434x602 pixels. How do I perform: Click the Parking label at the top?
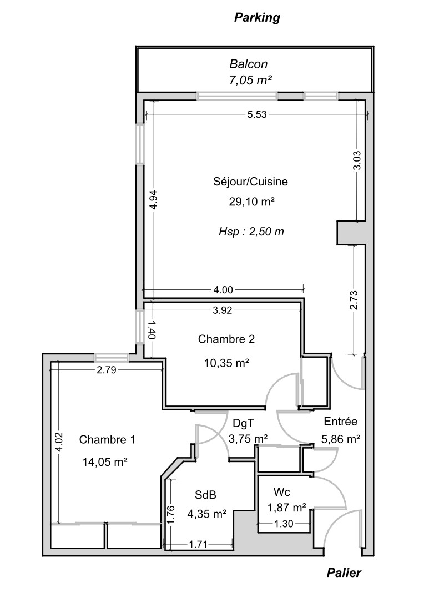tap(257, 18)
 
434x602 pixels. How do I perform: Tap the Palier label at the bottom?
tap(344, 573)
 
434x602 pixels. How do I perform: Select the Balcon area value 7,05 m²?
tap(250, 80)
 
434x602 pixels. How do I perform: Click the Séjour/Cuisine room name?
tap(250, 181)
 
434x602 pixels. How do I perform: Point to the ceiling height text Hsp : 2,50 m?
tap(250, 232)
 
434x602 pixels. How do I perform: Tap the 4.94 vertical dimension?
tap(155, 199)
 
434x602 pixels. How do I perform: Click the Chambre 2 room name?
tap(226, 339)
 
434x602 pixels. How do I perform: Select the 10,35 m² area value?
tap(226, 363)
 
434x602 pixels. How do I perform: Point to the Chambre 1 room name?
tap(107, 440)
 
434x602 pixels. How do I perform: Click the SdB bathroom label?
tap(205, 495)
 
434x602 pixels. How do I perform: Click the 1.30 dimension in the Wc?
tap(284, 523)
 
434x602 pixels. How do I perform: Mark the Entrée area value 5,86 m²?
tap(341, 439)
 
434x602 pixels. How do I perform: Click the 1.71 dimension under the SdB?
tap(198, 545)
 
